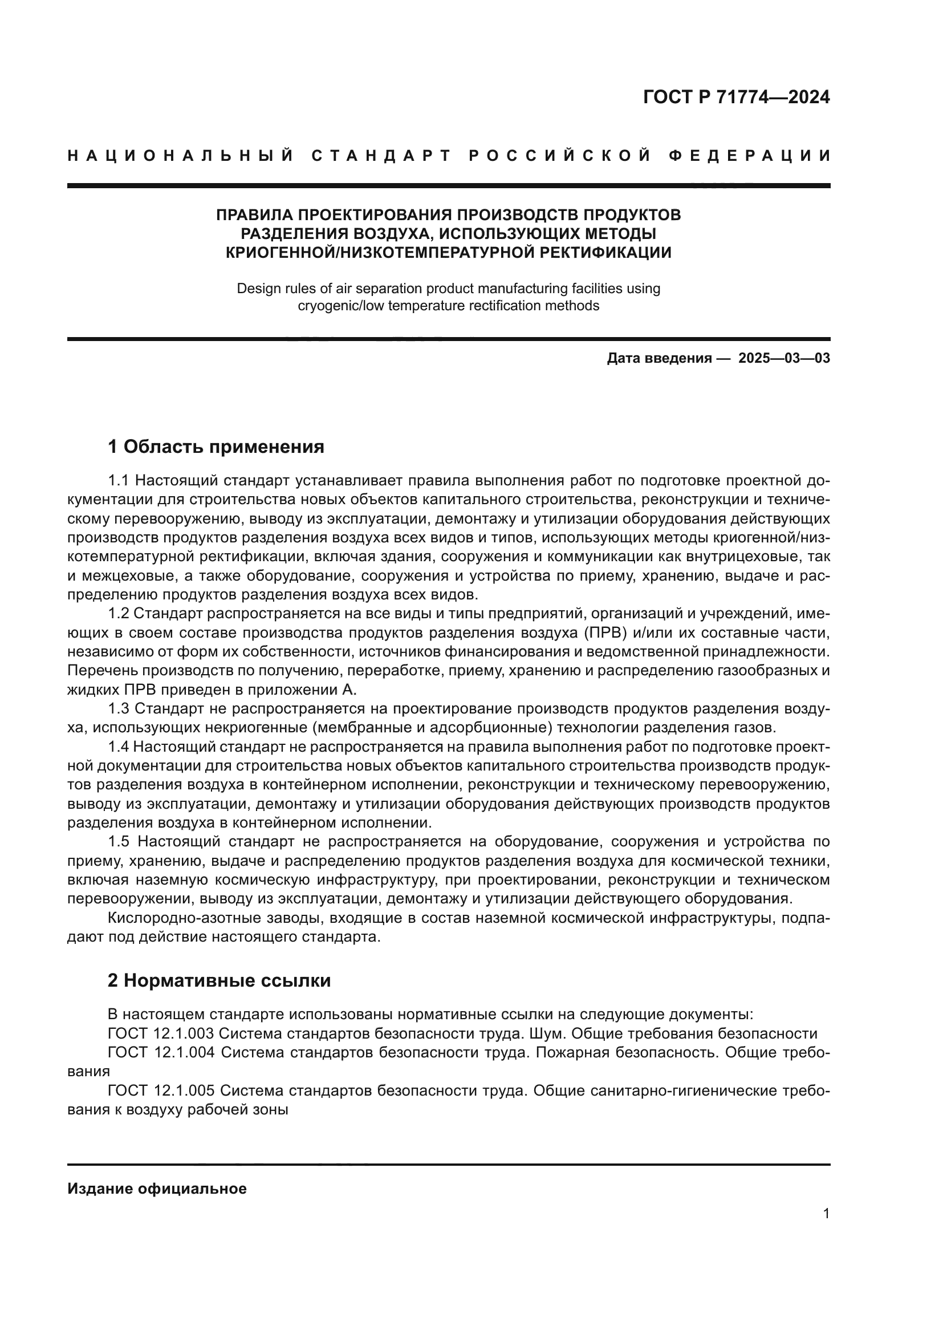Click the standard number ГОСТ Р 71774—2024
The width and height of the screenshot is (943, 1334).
coord(736,97)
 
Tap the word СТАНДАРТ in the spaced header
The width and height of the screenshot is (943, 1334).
coord(381,156)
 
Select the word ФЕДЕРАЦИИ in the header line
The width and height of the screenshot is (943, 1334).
coord(750,156)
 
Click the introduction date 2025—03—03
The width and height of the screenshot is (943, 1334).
coord(784,358)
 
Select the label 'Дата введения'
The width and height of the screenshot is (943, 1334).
coord(659,358)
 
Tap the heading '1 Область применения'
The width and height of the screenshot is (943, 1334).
coord(216,447)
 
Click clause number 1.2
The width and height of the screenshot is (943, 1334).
coord(119,614)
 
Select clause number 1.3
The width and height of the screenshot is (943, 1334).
coord(119,709)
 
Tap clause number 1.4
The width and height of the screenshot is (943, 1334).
coord(119,747)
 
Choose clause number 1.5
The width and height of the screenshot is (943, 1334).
coord(120,842)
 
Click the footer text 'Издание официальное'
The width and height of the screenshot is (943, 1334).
coord(157,1189)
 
